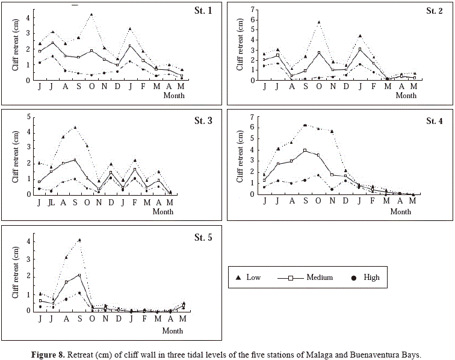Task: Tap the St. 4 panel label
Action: pos(434,121)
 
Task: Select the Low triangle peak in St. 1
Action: pos(91,14)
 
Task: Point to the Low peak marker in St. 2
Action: pos(318,22)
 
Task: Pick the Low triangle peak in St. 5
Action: pos(79,240)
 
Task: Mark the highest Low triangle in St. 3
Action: pos(75,128)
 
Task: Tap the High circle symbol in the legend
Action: pos(354,277)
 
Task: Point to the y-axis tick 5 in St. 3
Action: pos(29,116)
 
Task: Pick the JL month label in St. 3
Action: pos(51,202)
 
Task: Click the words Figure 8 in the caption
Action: pos(50,354)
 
